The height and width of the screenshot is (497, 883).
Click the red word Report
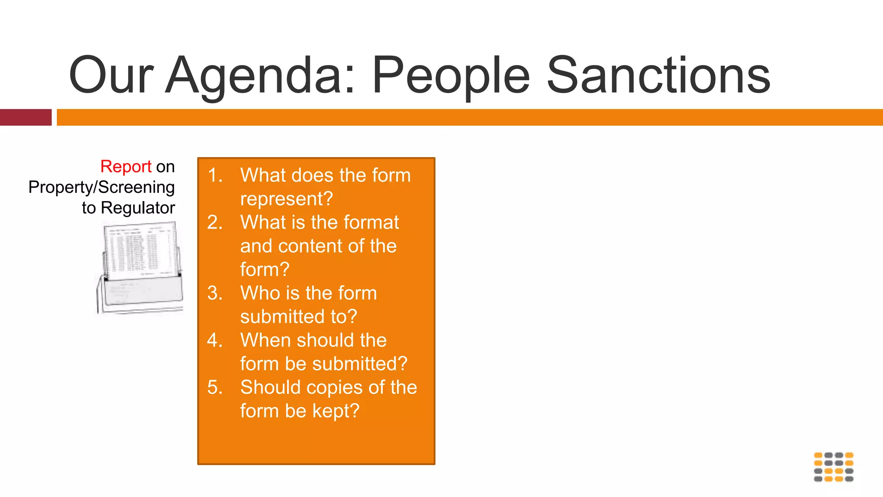125,167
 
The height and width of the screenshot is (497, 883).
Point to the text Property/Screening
101,187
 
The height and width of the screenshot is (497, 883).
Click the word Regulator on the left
138,208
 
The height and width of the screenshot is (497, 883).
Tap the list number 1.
214,175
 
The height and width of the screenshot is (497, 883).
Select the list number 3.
214,293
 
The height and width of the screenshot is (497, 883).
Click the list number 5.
214,387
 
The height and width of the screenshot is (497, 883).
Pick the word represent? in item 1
286,199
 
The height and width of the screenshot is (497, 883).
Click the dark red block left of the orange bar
25,117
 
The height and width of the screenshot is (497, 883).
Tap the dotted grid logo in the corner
833,467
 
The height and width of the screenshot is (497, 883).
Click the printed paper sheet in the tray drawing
140,250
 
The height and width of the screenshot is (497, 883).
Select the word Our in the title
111,75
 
